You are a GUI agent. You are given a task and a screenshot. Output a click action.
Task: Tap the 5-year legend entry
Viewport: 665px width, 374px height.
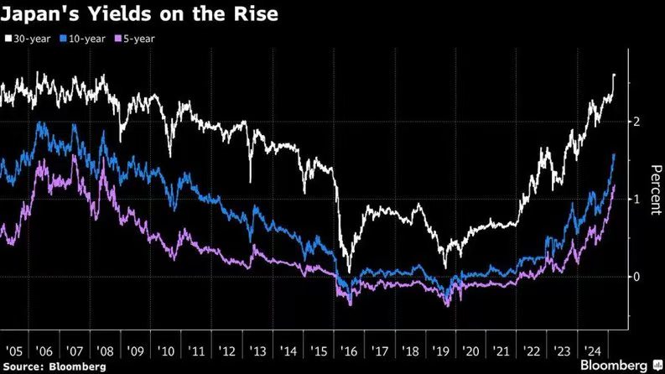139,39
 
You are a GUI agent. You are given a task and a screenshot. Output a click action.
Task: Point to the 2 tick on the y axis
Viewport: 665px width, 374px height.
637,122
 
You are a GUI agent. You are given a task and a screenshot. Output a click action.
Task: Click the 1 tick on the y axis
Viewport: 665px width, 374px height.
637,199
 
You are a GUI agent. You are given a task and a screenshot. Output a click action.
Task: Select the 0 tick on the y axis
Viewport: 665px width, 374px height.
637,277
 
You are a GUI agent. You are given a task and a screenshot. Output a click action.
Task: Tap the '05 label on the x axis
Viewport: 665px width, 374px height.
15,351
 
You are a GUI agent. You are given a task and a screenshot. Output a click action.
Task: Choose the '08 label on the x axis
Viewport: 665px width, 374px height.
106,351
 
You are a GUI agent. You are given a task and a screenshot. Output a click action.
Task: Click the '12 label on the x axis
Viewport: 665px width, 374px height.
227,351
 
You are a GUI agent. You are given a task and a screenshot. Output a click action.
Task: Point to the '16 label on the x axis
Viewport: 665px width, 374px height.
348,351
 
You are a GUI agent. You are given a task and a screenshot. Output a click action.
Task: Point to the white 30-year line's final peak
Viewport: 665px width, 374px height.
615,75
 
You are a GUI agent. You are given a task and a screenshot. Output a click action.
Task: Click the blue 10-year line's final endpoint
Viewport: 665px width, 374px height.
615,155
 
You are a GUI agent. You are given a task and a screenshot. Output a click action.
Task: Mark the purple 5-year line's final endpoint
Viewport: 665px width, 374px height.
615,186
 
